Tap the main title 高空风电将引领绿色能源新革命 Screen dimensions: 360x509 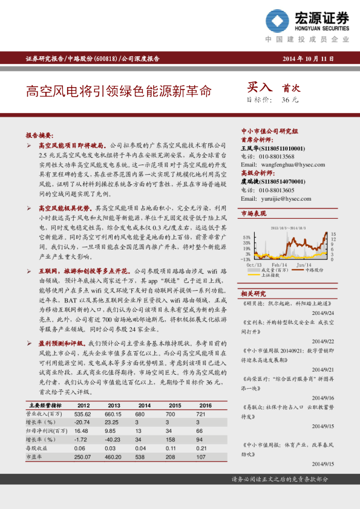pyautogui.click(x=119, y=92)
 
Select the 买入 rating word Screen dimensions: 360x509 pyautogui.click(x=261, y=88)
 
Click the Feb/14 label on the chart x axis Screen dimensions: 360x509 pyautogui.click(x=280, y=265)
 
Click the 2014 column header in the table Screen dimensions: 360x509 pyautogui.click(x=144, y=405)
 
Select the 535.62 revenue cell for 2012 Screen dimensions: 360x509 pyautogui.click(x=82, y=413)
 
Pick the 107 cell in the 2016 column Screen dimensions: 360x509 pyautogui.click(x=206, y=457)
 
